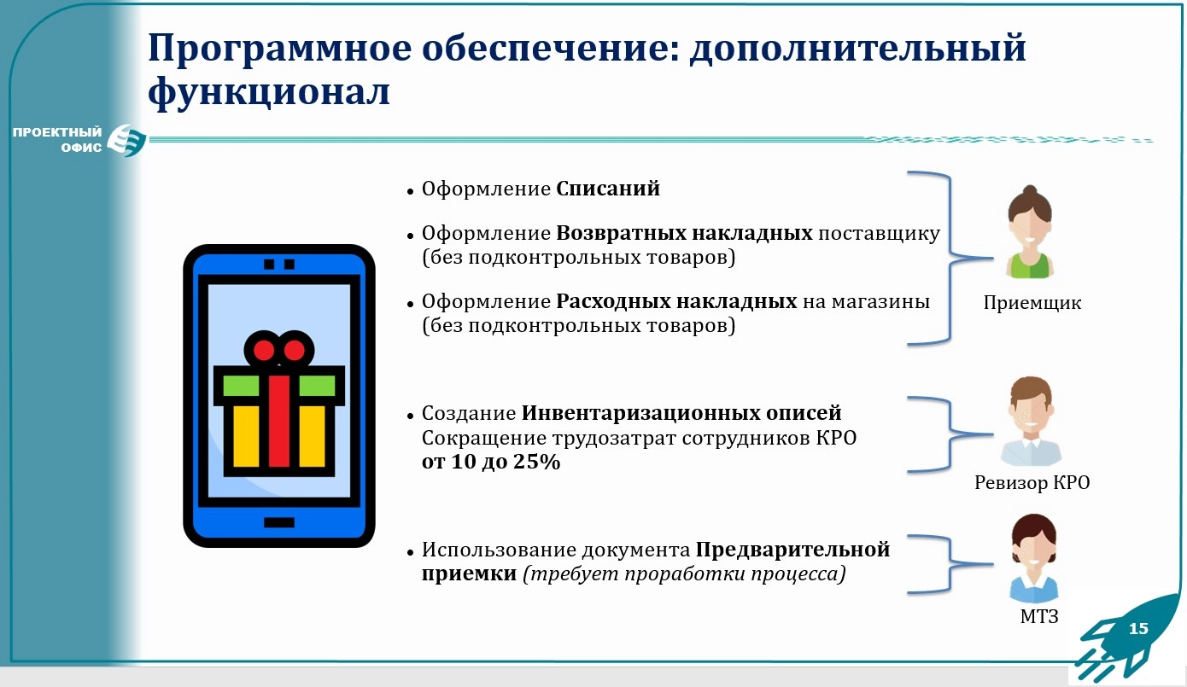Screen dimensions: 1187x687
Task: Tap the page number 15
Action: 1138,629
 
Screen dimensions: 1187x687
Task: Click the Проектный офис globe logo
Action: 126,140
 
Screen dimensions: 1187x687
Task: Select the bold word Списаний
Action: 608,189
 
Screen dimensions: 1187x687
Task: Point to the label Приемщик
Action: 1032,302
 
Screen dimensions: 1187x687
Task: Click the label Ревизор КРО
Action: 1032,482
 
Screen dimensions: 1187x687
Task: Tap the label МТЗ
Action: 1039,616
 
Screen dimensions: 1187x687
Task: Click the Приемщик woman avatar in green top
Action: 1030,232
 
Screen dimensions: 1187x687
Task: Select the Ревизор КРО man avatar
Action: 1031,421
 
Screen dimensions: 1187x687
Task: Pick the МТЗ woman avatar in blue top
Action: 1033,558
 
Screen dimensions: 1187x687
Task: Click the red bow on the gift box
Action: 278,350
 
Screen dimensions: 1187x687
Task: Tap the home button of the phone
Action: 278,523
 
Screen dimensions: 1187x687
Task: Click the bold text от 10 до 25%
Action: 491,462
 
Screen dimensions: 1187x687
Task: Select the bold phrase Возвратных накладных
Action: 684,233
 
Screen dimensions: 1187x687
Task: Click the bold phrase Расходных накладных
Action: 676,301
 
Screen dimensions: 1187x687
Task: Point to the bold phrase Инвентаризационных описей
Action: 681,412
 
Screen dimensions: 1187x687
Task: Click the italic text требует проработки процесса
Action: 684,573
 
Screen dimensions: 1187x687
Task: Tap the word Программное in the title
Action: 279,49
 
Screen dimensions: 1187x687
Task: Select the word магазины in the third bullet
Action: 880,301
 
